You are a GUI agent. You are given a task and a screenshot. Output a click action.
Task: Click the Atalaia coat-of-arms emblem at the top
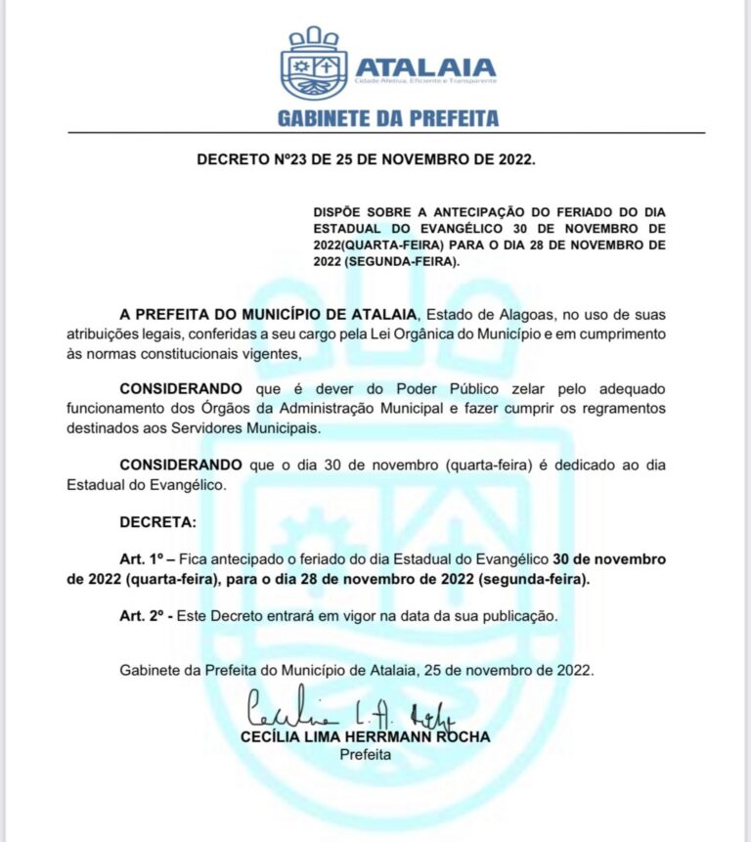314,65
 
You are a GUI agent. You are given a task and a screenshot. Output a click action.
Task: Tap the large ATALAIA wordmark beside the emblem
425,67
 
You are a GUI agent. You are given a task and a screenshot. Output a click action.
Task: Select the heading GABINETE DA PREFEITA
388,118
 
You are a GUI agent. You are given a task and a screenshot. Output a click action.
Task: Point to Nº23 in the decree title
287,158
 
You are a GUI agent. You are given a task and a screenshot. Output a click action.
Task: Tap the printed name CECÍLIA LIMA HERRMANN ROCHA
366,736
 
